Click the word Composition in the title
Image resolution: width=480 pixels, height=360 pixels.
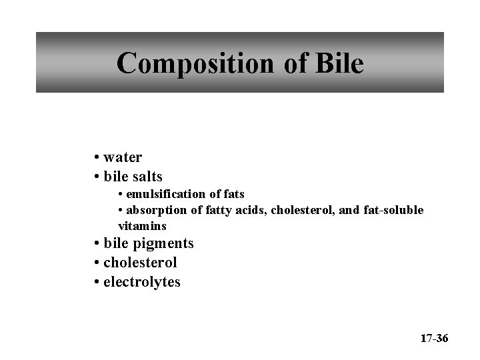tap(191, 64)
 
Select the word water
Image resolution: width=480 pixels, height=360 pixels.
tap(123, 157)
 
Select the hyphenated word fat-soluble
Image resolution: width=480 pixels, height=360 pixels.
tap(394, 210)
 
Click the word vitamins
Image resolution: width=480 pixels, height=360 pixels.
tap(142, 226)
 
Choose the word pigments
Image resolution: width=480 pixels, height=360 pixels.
tap(161, 243)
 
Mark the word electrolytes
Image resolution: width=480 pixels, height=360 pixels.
tap(142, 282)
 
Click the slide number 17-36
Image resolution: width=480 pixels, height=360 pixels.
tap(434, 339)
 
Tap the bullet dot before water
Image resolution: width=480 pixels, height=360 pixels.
tap(97, 158)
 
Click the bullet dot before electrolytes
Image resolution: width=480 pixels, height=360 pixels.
tap(97, 283)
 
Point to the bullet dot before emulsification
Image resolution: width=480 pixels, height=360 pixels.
tap(121, 195)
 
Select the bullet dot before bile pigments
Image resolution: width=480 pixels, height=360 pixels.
tap(97, 244)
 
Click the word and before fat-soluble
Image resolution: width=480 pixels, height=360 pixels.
tap(351, 210)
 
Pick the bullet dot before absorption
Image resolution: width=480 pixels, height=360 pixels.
tap(121, 211)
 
